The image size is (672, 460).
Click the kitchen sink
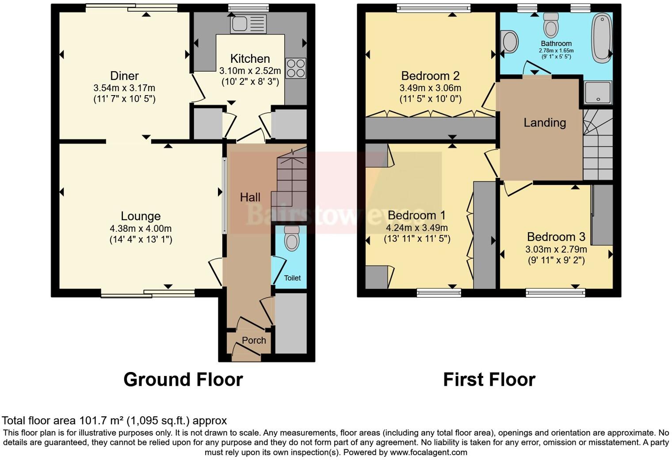(248, 24)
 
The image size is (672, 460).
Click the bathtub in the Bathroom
(602, 37)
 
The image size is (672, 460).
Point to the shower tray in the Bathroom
(598, 93)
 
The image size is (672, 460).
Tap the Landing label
(545, 123)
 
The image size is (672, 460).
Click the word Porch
(254, 340)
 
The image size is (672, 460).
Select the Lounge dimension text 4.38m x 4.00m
(141, 229)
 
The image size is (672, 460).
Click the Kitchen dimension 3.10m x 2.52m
(250, 71)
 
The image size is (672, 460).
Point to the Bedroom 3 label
(556, 237)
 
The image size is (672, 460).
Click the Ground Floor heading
(183, 379)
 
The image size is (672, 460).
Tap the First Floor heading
(489, 379)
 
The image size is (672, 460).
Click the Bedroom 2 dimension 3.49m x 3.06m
(430, 88)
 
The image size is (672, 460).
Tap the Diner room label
(124, 76)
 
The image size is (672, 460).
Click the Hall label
(250, 197)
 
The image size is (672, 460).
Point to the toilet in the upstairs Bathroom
(551, 26)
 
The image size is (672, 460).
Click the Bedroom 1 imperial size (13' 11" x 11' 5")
(417, 239)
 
